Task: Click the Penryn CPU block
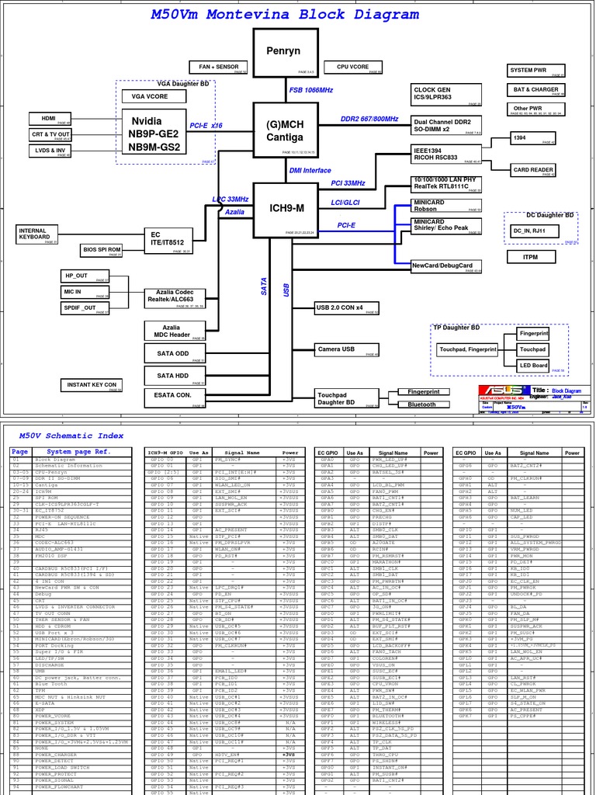tap(286, 51)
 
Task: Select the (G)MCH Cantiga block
tap(286, 130)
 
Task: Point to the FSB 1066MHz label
tap(310, 90)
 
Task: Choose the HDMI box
tap(50, 118)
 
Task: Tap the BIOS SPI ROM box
tap(102, 250)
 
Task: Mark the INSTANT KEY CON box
tap(92, 385)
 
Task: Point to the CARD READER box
tap(533, 170)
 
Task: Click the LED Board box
tap(533, 365)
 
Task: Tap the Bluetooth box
tap(421, 404)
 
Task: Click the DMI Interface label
tap(310, 171)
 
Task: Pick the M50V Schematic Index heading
tap(71, 436)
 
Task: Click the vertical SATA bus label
tap(264, 286)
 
